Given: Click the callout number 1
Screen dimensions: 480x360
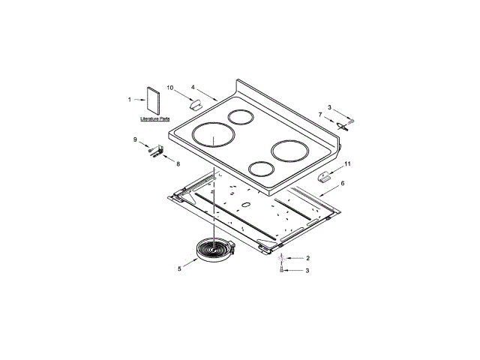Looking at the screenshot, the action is pos(130,100).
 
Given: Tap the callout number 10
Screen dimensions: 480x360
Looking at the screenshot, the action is pos(170,88).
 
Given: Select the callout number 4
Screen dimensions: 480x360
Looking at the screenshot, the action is pos(193,87).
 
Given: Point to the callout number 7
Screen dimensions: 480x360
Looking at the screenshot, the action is pos(320,115).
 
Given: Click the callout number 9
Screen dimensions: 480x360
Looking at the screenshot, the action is pos(135,139).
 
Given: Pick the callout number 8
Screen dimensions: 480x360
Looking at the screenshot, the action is pos(178,164).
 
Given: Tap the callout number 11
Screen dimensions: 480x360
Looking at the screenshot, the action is pos(347,164).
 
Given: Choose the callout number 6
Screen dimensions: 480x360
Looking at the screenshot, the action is pos(343,183).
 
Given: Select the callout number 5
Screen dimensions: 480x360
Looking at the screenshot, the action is pos(179,268).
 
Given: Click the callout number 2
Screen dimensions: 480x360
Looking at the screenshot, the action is pos(308,258).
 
